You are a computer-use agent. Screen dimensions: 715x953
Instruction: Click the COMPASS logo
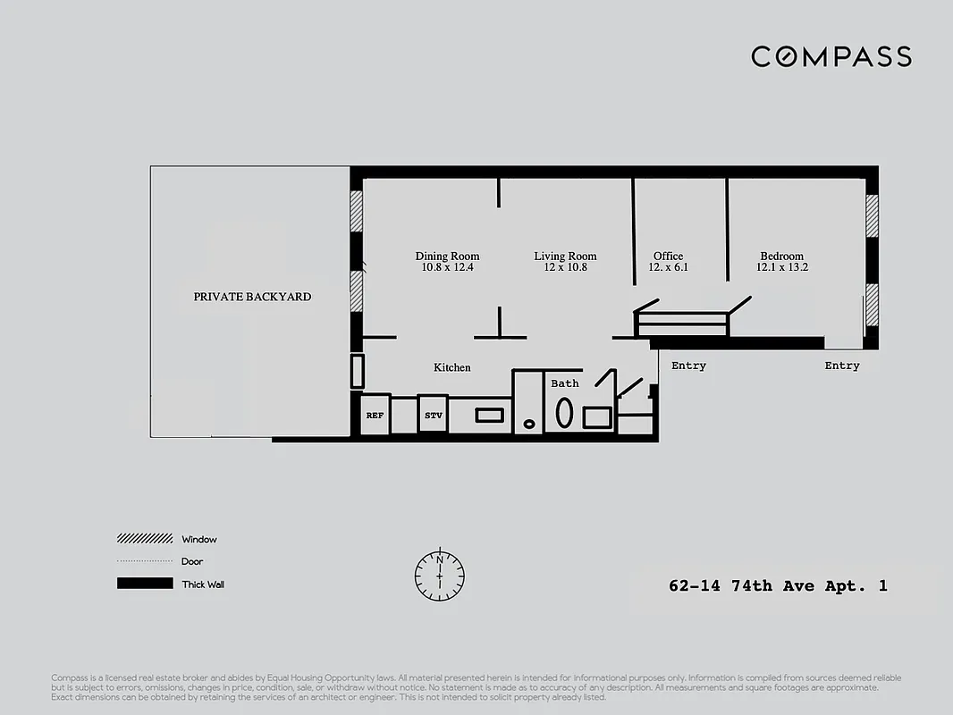coord(831,57)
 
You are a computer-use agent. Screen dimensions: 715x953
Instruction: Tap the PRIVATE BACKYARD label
coord(252,297)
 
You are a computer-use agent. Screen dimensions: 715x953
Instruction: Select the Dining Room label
coord(447,257)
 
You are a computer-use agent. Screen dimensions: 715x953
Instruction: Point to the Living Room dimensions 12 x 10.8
coord(565,267)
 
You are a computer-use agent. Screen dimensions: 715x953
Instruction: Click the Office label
coord(668,257)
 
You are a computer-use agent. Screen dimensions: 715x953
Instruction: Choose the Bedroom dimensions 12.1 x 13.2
coord(782,267)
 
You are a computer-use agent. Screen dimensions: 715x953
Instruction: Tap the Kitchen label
coord(451,367)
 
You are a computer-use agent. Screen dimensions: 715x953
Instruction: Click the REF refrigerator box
coord(375,416)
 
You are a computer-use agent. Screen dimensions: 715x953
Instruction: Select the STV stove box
coord(433,416)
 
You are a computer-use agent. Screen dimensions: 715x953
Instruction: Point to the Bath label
coord(564,383)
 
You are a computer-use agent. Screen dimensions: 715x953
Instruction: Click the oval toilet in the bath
coord(565,412)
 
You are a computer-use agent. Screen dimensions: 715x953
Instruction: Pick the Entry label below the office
coord(688,366)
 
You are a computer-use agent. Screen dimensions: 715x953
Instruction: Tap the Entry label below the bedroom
coord(841,366)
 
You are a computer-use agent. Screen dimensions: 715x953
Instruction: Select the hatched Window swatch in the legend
coord(144,539)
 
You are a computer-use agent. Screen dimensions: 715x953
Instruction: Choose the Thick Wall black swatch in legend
coord(144,584)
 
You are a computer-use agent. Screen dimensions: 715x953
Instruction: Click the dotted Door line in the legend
coord(144,561)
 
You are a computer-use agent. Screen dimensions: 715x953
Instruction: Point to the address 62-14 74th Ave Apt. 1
coord(778,587)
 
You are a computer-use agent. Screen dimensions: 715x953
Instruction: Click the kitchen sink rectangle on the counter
coord(489,415)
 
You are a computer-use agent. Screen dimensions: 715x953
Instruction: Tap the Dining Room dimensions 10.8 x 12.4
coord(447,267)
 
